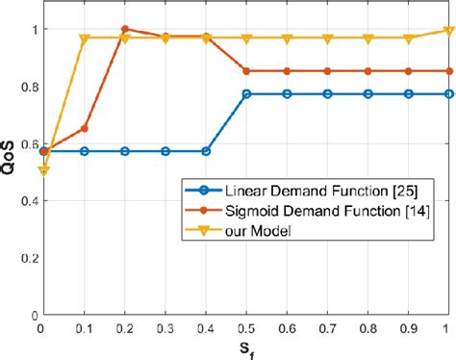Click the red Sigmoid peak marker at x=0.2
[x=125, y=30]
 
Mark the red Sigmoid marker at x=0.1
[x=85, y=128]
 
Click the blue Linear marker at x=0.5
[x=247, y=94]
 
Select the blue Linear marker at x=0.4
[x=207, y=151]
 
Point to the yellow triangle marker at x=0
[x=44, y=171]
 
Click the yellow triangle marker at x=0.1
[x=85, y=39]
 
